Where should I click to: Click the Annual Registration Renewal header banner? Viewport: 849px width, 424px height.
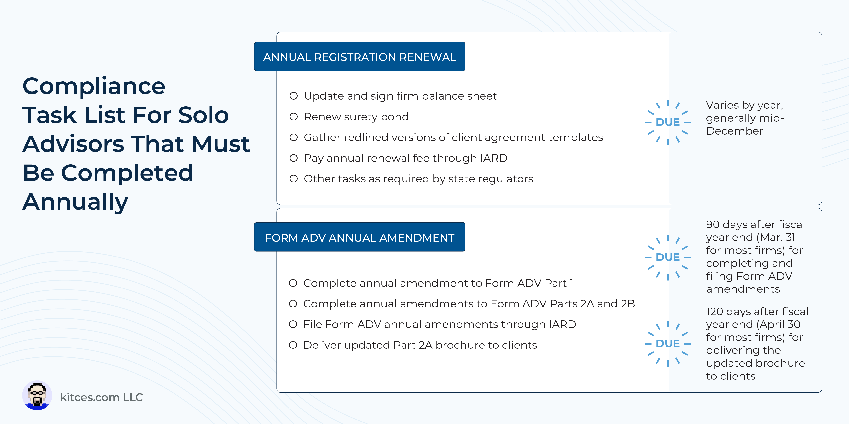tap(360, 56)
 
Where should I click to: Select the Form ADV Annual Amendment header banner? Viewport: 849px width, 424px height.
tap(360, 237)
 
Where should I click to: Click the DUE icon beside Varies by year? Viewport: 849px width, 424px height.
tap(668, 122)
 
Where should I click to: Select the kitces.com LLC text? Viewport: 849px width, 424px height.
tap(101, 397)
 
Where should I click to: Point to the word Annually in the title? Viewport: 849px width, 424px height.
tap(75, 202)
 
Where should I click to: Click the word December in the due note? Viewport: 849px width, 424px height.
tap(735, 131)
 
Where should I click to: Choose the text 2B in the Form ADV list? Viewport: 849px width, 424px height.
tap(628, 304)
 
